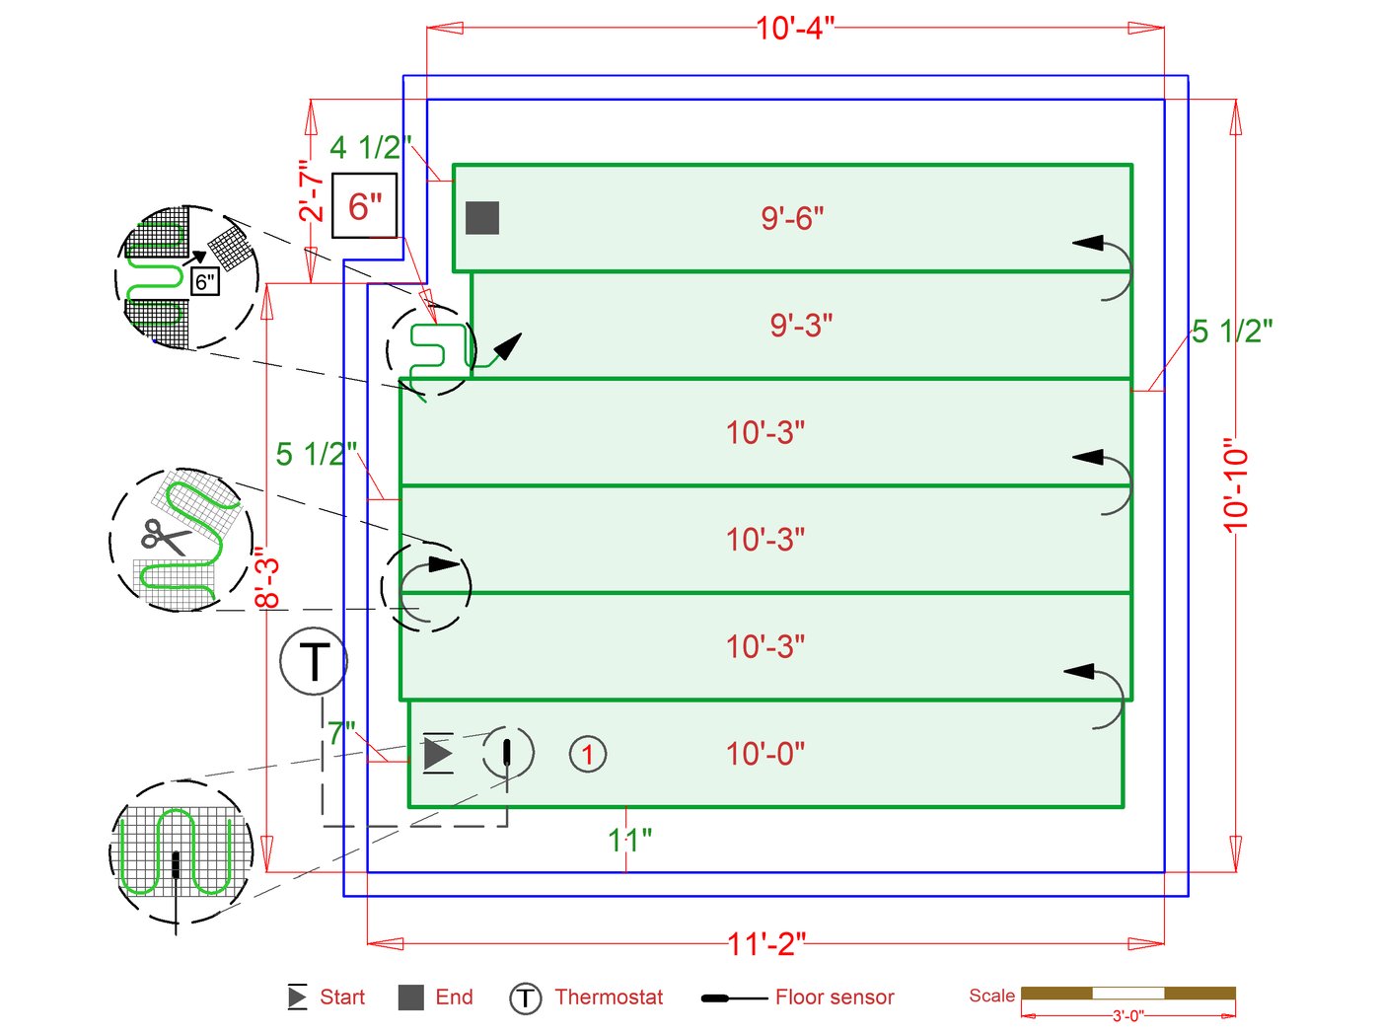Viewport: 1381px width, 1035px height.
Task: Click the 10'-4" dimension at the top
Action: point(795,28)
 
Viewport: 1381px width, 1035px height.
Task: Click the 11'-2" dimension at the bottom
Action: point(766,944)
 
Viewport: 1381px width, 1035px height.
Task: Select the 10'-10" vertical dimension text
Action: point(1236,485)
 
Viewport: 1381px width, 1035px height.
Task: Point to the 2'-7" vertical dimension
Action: point(312,191)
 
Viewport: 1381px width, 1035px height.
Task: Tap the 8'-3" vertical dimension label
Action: point(267,578)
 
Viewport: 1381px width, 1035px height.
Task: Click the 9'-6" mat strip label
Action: point(792,218)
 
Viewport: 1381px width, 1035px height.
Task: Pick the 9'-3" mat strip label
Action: point(801,326)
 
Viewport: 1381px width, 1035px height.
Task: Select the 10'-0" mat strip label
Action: point(765,755)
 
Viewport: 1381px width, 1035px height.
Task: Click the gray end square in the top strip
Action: point(482,218)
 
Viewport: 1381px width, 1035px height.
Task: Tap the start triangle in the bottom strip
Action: point(437,754)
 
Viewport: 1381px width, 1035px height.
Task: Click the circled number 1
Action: point(588,755)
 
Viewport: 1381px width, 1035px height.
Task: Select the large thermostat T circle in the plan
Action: point(314,662)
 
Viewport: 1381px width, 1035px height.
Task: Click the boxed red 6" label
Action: point(365,206)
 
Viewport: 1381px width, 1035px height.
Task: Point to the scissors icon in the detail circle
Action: point(165,537)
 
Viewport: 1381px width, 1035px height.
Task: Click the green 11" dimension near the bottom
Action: point(629,841)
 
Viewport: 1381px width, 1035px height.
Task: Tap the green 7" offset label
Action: point(341,733)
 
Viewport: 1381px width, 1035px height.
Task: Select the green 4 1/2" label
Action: point(370,148)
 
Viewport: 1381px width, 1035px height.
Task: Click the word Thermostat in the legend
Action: point(609,998)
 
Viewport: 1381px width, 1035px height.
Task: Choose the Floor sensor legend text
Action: point(835,998)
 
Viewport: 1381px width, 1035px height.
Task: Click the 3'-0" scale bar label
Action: point(1127,1015)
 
